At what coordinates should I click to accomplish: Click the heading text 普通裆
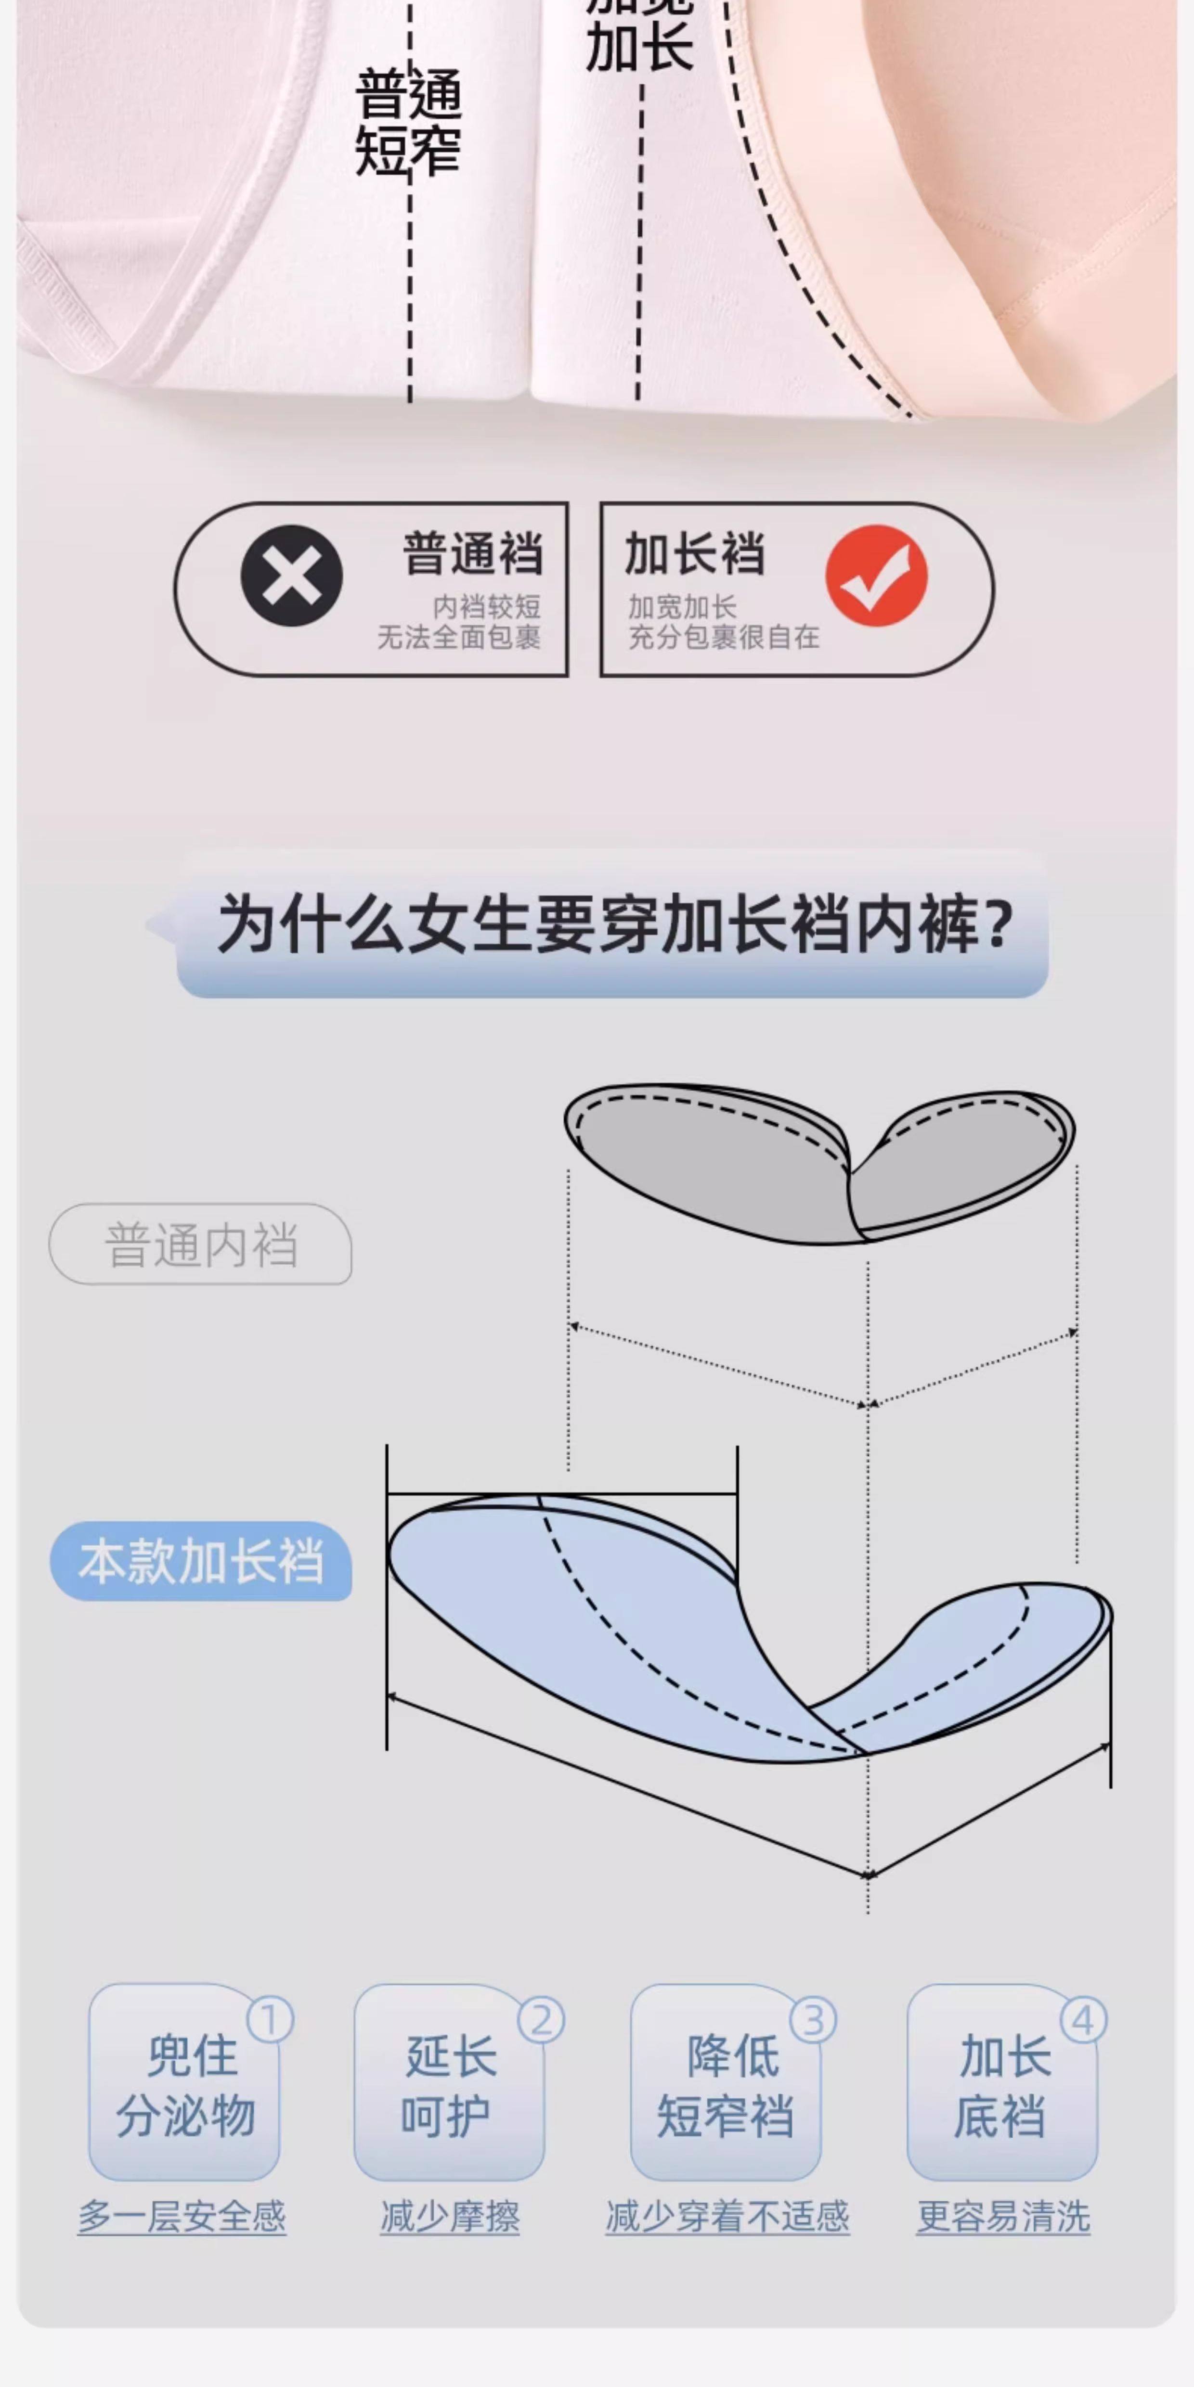472,554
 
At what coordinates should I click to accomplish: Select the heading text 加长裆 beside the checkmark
694,554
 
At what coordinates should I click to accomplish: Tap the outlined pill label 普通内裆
200,1245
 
